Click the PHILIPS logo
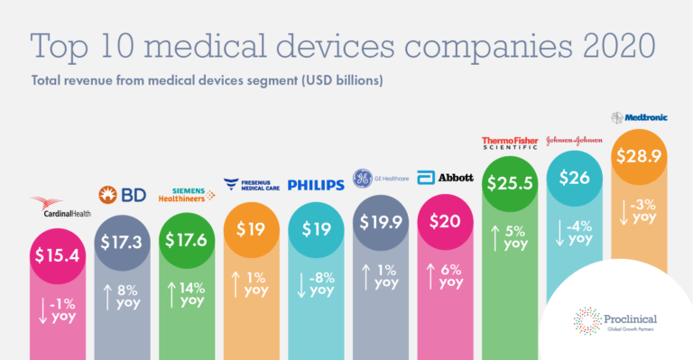point(316,185)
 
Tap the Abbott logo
point(445,178)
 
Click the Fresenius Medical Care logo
point(252,185)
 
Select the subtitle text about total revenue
point(208,80)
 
